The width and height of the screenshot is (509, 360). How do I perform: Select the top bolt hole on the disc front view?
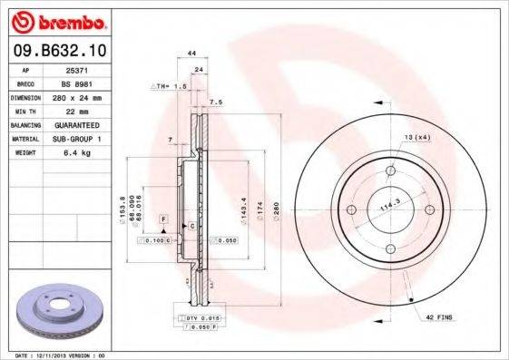click(x=391, y=170)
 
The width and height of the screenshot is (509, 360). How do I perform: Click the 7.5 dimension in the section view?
click(x=215, y=102)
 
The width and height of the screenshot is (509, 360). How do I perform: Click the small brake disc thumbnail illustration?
click(x=62, y=310)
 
